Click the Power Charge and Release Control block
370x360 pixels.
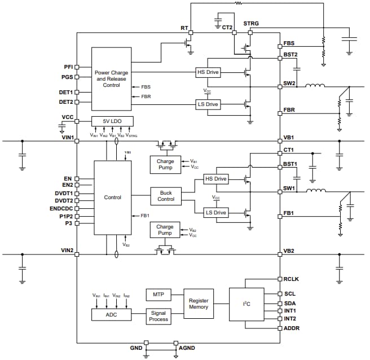coord(111,79)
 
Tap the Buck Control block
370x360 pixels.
coord(165,196)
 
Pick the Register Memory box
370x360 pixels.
coord(198,303)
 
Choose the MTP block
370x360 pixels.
coord(158,294)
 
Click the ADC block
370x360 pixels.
coord(111,314)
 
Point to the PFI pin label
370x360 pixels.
coord(67,67)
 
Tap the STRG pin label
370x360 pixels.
coord(251,24)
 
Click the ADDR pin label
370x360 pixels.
coord(292,328)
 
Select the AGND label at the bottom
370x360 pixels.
coord(187,348)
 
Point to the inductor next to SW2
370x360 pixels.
coord(315,86)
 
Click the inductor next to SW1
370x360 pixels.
coord(315,191)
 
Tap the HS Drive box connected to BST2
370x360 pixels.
coord(208,72)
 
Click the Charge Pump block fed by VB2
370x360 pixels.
coord(165,230)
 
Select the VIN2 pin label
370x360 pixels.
coord(68,249)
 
